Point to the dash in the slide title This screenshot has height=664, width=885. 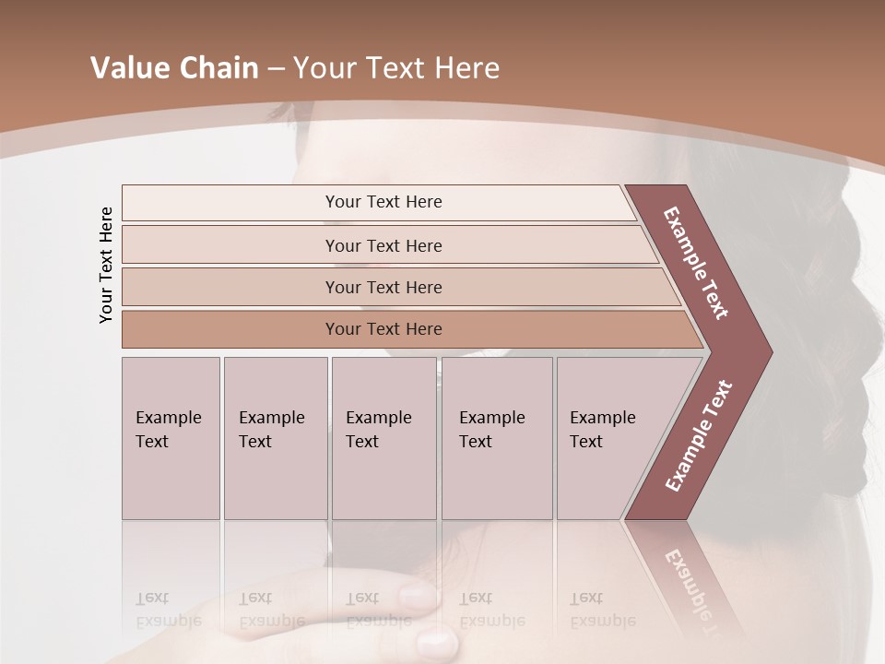coord(275,69)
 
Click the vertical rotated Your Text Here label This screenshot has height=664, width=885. coord(106,265)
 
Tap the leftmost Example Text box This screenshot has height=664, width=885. coord(171,438)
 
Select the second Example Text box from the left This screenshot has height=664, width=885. coord(275,438)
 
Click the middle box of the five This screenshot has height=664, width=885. coord(383,438)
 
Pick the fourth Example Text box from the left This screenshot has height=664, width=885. coord(496,438)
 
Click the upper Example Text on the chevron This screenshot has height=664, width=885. coord(696,264)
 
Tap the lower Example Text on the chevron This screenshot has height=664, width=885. coord(698,436)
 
